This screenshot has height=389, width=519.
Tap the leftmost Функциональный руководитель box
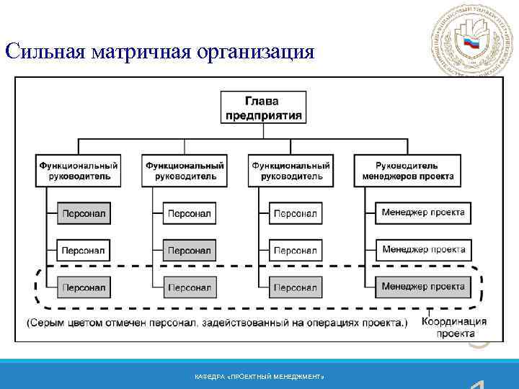tap(79, 171)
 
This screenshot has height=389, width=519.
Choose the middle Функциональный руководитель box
tap(185, 171)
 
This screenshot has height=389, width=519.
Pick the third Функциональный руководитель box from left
tap(290, 171)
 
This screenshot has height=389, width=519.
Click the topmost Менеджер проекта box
tap(423, 213)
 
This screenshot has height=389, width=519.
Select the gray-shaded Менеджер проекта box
tap(423, 287)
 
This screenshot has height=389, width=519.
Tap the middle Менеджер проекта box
tap(423, 250)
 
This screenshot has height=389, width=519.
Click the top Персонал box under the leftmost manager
tap(84, 213)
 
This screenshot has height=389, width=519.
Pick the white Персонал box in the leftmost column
tap(84, 251)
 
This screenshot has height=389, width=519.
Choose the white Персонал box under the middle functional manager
tap(190, 213)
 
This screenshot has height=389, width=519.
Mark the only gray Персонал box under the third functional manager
tap(296, 287)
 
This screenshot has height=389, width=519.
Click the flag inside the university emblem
tap(471, 43)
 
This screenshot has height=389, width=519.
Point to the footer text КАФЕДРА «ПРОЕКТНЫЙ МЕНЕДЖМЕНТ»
tap(259, 377)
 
